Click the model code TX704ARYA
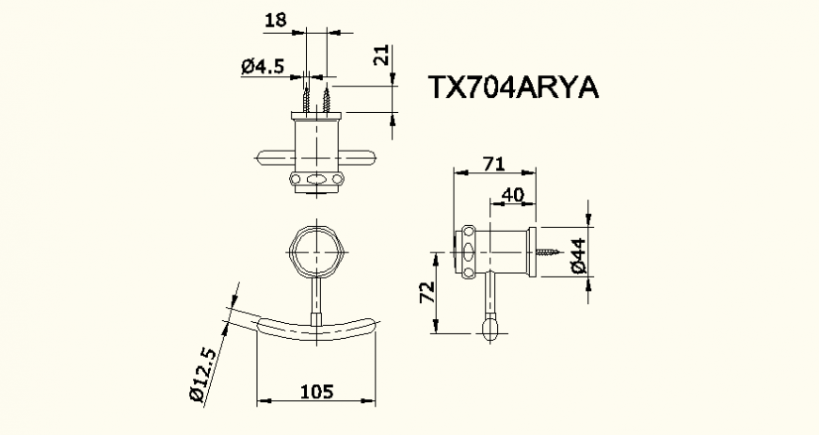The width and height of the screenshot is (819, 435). click(x=513, y=88)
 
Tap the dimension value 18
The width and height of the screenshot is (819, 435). click(x=275, y=18)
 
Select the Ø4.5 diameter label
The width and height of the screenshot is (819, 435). click(x=263, y=66)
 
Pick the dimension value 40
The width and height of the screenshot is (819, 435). click(x=512, y=194)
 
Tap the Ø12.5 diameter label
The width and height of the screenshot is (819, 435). click(x=203, y=376)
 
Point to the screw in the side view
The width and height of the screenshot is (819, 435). click(x=551, y=252)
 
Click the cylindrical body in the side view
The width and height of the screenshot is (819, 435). click(x=506, y=251)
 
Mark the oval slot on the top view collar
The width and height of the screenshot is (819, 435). click(x=317, y=180)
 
